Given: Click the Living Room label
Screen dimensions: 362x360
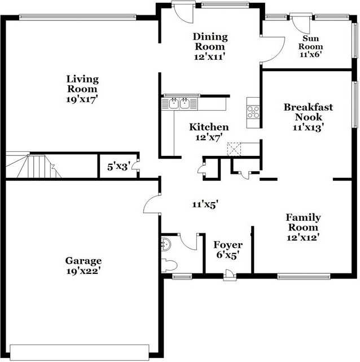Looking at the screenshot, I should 82,84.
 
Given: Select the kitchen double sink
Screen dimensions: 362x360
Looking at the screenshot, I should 179,103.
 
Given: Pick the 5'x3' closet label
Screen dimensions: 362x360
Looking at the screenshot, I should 119,167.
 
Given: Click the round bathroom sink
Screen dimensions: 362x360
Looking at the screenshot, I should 166,245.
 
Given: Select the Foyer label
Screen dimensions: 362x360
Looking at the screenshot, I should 227,245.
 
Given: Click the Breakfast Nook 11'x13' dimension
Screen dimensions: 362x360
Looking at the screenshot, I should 308,128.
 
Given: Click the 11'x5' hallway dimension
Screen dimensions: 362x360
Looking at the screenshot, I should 205,204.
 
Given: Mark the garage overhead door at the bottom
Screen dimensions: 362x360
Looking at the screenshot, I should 81,350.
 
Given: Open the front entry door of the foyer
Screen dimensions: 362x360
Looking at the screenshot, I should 229,275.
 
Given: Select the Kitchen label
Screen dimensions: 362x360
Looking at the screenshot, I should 209,127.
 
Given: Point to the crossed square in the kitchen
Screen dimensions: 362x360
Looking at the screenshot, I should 234,149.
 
